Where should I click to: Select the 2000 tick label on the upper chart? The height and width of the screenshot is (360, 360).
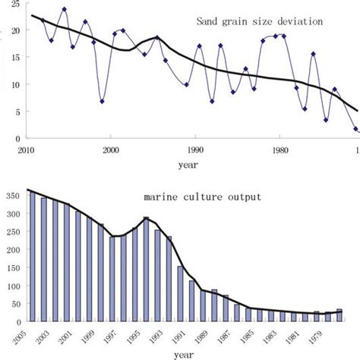(111, 150)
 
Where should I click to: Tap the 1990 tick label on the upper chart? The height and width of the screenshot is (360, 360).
(196, 150)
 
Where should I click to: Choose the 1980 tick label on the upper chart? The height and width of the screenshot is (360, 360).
(280, 150)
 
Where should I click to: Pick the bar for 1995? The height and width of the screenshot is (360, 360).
(146, 269)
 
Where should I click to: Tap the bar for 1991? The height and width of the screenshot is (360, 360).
(181, 292)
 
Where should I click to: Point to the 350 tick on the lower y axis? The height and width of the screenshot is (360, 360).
(17, 194)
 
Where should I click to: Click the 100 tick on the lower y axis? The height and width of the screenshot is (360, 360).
(17, 283)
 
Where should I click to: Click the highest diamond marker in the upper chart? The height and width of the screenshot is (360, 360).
(64, 10)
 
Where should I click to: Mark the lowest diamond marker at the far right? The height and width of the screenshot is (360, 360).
(355, 129)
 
